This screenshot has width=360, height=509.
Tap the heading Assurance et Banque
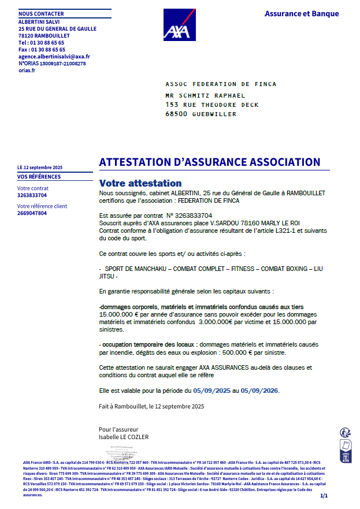(x=302, y=14)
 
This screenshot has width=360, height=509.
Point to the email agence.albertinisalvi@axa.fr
(x=54, y=57)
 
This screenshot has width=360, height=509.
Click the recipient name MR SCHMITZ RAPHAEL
(x=205, y=96)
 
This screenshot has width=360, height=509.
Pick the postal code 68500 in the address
(x=176, y=114)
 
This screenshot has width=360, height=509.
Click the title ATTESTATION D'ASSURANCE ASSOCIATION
(x=210, y=162)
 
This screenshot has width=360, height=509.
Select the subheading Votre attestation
(x=140, y=183)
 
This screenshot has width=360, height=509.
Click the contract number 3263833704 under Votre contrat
(x=32, y=195)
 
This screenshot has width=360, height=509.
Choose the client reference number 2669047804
(x=32, y=213)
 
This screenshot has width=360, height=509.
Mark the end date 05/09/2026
(x=259, y=391)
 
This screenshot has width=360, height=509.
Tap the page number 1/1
(x=323, y=496)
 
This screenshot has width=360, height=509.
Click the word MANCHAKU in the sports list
(x=153, y=269)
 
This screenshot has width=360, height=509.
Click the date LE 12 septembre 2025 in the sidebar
(x=40, y=168)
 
